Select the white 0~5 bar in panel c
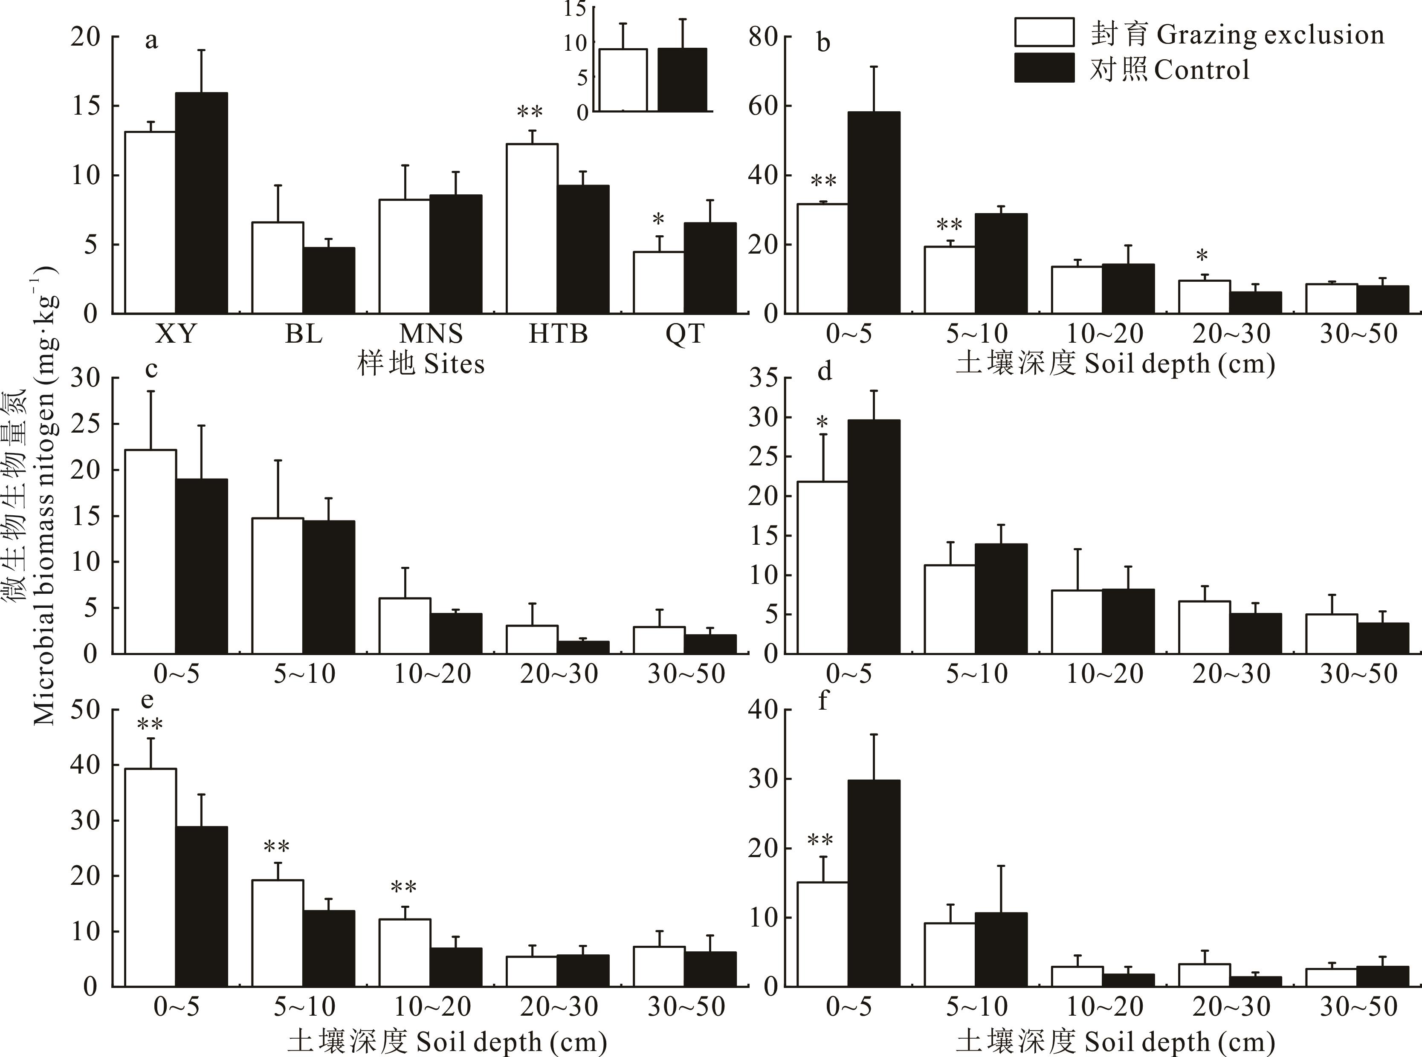tap(151, 552)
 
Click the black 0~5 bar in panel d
tap(874, 537)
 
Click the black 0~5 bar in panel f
tap(874, 884)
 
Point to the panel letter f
tap(823, 701)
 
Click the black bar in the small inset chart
tap(682, 80)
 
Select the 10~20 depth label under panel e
tap(432, 1007)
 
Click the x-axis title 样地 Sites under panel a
tap(420, 364)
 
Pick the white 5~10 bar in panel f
tap(950, 955)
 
